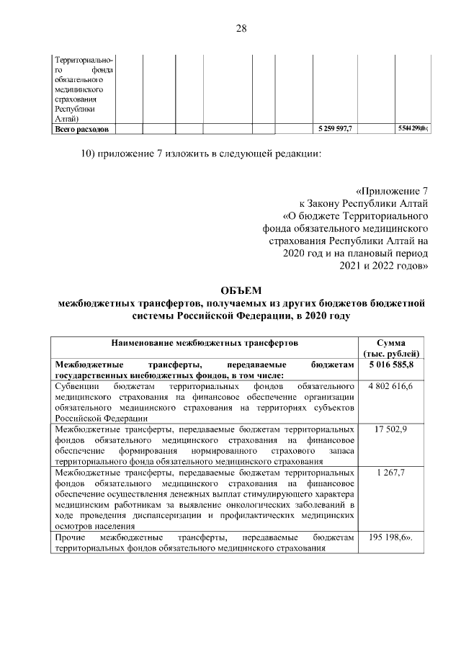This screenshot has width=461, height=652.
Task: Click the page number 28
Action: click(241, 29)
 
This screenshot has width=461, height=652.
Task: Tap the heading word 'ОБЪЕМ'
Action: click(241, 290)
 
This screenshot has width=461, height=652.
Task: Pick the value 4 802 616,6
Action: click(390, 388)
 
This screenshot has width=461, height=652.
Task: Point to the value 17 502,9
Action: click(390, 429)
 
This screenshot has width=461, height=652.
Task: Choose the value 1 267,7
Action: click(390, 472)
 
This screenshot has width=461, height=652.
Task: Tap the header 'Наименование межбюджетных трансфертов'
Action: click(205, 344)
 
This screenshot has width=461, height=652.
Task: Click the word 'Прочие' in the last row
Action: click(71, 537)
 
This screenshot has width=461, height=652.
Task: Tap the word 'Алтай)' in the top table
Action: click(68, 119)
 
